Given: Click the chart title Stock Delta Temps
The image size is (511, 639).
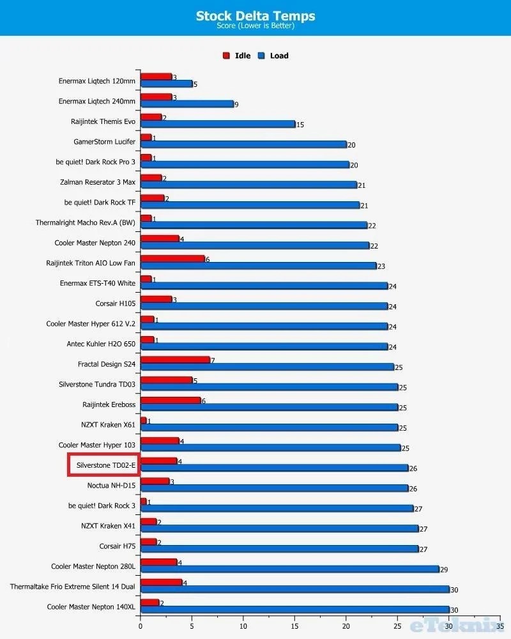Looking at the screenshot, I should [256, 15].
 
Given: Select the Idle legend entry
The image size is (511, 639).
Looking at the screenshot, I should [237, 56].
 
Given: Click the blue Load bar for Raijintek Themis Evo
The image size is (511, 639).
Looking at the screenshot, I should [218, 124].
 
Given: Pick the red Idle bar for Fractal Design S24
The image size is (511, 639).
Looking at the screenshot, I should [175, 360].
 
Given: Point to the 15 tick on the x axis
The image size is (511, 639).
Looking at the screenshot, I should [294, 627].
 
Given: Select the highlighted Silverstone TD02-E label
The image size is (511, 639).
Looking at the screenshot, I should [103, 465].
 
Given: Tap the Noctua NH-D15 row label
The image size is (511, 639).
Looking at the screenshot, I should [111, 485].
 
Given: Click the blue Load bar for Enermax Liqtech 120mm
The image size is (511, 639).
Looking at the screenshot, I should [166, 84].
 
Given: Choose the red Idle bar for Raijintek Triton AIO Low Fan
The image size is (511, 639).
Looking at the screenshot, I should [172, 259].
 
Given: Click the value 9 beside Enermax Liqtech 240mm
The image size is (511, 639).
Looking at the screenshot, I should [236, 104].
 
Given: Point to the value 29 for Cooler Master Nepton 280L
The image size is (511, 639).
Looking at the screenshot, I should [444, 569].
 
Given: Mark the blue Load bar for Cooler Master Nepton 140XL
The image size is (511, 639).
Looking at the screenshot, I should [294, 610].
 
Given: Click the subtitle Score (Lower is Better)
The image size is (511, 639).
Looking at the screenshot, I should [256, 26].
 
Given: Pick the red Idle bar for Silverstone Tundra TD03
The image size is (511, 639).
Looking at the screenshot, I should [167, 380].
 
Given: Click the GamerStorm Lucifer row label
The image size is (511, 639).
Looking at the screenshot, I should [105, 141].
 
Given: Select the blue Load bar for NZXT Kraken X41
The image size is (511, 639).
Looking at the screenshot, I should [279, 528].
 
